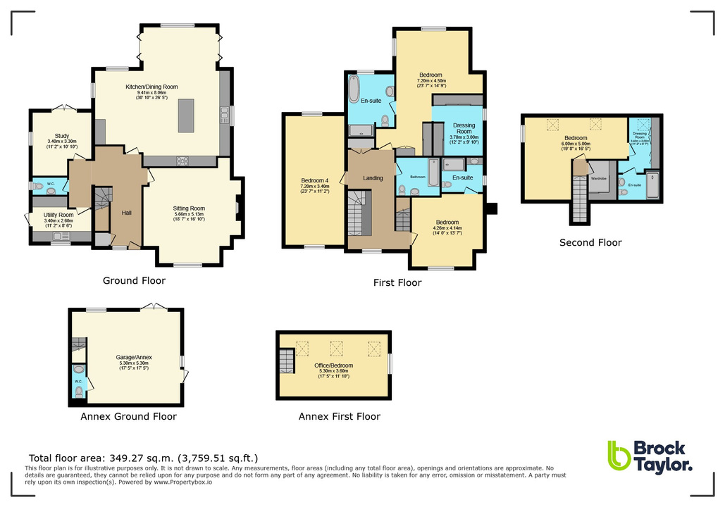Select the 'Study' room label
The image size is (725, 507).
tap(62, 137)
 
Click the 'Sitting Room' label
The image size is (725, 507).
tap(189, 208)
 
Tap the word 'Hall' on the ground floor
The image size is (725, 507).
tap(126, 213)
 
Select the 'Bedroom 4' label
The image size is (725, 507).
tap(313, 180)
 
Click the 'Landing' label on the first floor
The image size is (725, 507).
tap(373, 178)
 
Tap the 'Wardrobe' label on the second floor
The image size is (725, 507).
tap(599, 178)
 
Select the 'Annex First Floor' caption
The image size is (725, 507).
tap(339, 416)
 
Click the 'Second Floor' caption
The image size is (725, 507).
tap(590, 243)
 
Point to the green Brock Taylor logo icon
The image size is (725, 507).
tap(619, 456)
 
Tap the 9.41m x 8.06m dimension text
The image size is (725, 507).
tap(151, 92)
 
